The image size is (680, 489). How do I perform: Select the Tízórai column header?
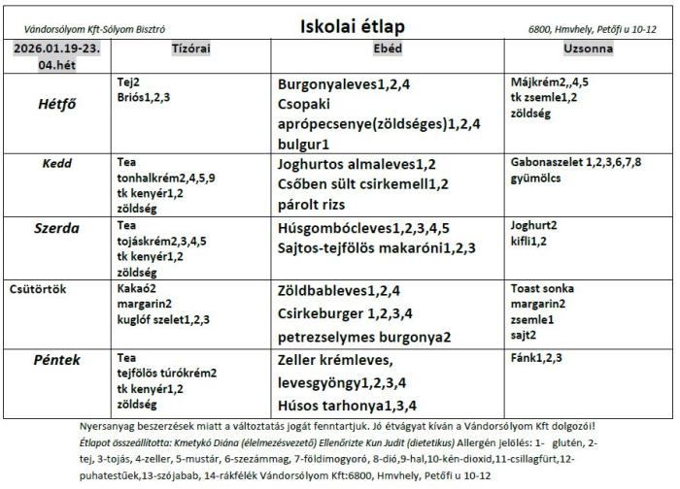(x=190, y=49)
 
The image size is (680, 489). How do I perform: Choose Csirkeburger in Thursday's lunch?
(x=323, y=313)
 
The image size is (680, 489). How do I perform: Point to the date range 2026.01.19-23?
(x=55, y=49)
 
